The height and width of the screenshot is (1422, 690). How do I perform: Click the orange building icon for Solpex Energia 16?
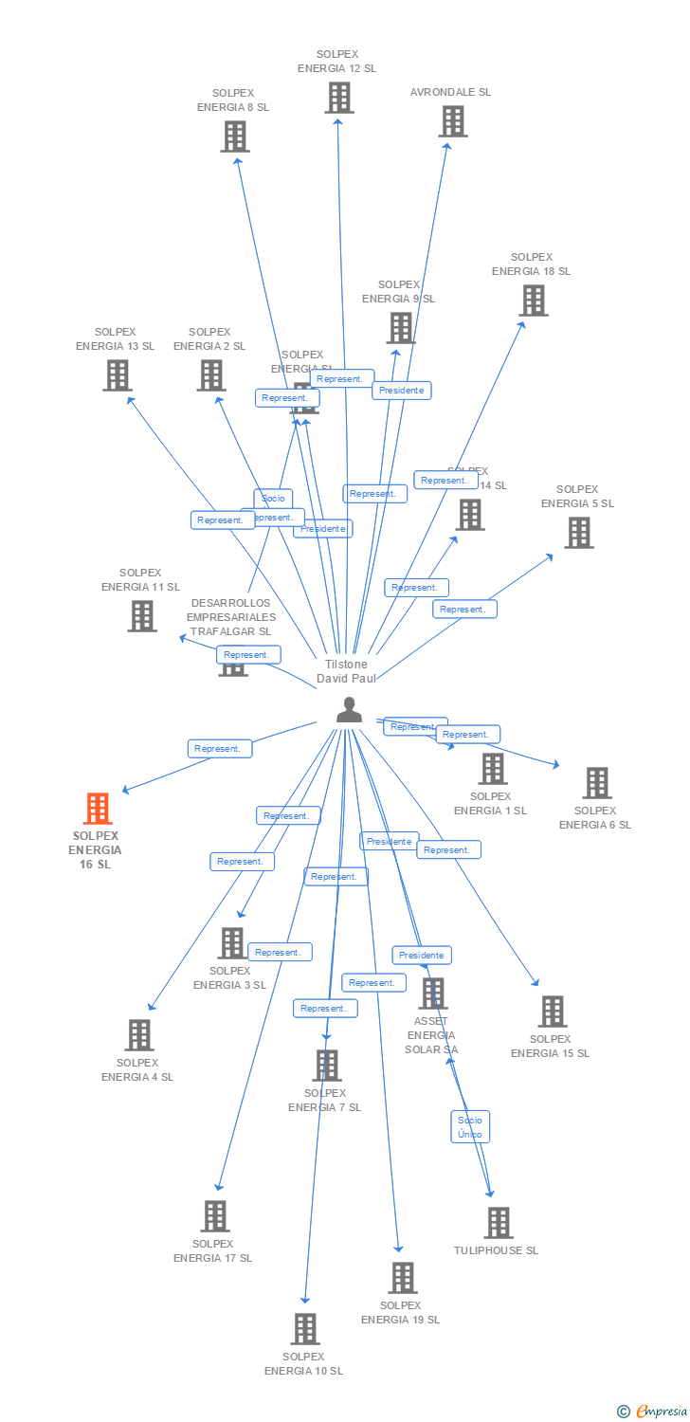point(98,809)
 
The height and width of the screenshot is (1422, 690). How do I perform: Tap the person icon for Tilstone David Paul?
point(349,710)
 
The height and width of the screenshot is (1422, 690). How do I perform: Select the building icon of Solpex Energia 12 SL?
point(338,97)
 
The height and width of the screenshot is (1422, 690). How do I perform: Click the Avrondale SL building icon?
point(452,120)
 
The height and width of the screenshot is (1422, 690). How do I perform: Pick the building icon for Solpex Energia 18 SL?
point(534,300)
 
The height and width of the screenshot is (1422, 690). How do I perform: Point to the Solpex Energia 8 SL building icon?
point(234,136)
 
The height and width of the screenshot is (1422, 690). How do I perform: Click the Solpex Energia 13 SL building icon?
point(117,374)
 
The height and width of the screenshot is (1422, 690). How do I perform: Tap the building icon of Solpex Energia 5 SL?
point(578,532)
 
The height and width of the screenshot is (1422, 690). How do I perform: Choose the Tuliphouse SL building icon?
point(498,1222)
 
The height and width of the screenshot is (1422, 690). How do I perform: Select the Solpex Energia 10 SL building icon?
point(304,1328)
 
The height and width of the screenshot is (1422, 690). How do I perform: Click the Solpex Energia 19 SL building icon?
point(402,1277)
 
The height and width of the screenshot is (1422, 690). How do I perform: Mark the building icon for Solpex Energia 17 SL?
point(215,1215)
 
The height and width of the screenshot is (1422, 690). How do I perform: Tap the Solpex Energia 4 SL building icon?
point(139,1034)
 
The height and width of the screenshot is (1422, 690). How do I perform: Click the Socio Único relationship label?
point(470,1126)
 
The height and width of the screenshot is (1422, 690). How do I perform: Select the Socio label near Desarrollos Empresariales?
point(273,498)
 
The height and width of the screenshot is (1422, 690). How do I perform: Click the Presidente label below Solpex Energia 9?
point(401,390)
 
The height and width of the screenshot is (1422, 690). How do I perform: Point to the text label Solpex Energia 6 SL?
point(595,817)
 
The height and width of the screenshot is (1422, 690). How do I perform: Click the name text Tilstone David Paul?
point(346,671)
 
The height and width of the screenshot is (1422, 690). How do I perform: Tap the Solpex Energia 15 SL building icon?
point(553,1011)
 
